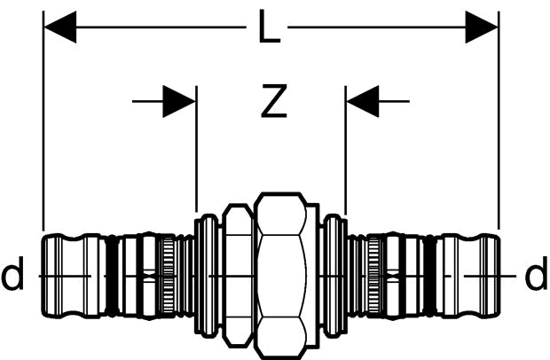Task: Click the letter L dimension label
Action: (269, 27)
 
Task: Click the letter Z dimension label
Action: (274, 100)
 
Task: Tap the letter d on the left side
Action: (12, 273)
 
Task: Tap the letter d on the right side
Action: (536, 273)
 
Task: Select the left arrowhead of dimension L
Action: (60, 27)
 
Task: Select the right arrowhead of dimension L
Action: (482, 27)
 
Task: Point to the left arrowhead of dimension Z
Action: (179, 101)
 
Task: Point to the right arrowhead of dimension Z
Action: (363, 101)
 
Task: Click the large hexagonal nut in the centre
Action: (280, 275)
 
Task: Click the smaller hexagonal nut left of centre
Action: (238, 275)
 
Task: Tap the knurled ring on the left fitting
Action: (169, 275)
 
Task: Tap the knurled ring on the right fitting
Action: (374, 275)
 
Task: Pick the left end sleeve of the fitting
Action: (73, 276)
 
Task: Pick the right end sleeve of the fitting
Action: (467, 276)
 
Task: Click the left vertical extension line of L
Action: (43, 121)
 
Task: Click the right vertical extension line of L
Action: (499, 121)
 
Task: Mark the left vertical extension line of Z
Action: (196, 149)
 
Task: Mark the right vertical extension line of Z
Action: (345, 150)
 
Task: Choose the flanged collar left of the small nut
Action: (207, 275)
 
